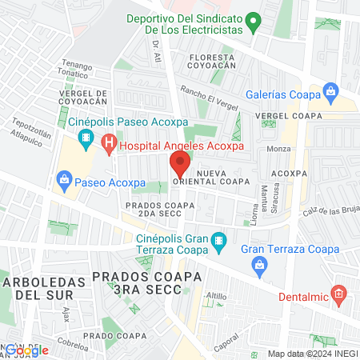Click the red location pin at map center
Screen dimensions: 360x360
point(179,166)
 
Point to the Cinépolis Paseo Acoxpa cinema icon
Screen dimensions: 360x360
point(85,141)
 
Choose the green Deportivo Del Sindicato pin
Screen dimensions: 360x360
point(253,22)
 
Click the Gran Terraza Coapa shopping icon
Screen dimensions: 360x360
point(248,250)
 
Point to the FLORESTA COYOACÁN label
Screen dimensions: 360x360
point(214,63)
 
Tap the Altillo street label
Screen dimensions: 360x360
point(216,296)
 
